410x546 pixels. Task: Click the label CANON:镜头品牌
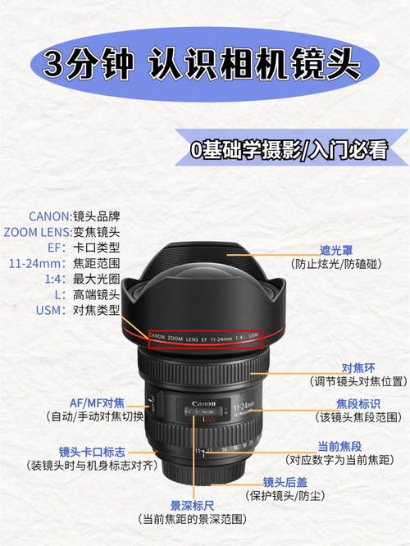tap(75, 216)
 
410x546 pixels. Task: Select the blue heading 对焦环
tap(358, 367)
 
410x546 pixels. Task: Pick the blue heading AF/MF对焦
tap(97, 402)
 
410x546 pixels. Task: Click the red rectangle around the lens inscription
tap(205, 337)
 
